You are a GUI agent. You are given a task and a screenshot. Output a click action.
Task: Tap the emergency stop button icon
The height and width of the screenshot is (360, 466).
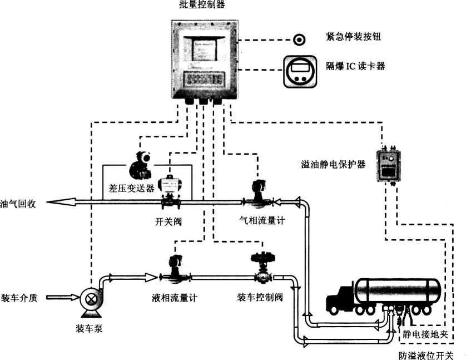click(x=300, y=40)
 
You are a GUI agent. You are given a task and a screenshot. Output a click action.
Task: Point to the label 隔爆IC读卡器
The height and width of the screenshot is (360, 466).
click(x=356, y=66)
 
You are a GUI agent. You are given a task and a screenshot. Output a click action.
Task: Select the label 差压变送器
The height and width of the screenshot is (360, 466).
click(x=128, y=188)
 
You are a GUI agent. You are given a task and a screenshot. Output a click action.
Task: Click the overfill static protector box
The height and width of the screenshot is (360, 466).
click(x=388, y=163)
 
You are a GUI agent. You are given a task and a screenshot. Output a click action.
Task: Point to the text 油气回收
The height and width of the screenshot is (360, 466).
click(x=18, y=204)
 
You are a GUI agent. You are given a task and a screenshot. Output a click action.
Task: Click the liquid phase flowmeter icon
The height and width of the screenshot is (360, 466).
click(x=176, y=270)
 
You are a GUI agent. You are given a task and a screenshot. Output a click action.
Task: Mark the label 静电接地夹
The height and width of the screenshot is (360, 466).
click(x=425, y=334)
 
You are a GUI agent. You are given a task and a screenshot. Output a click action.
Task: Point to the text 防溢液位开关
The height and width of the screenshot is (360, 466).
click(x=426, y=355)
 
